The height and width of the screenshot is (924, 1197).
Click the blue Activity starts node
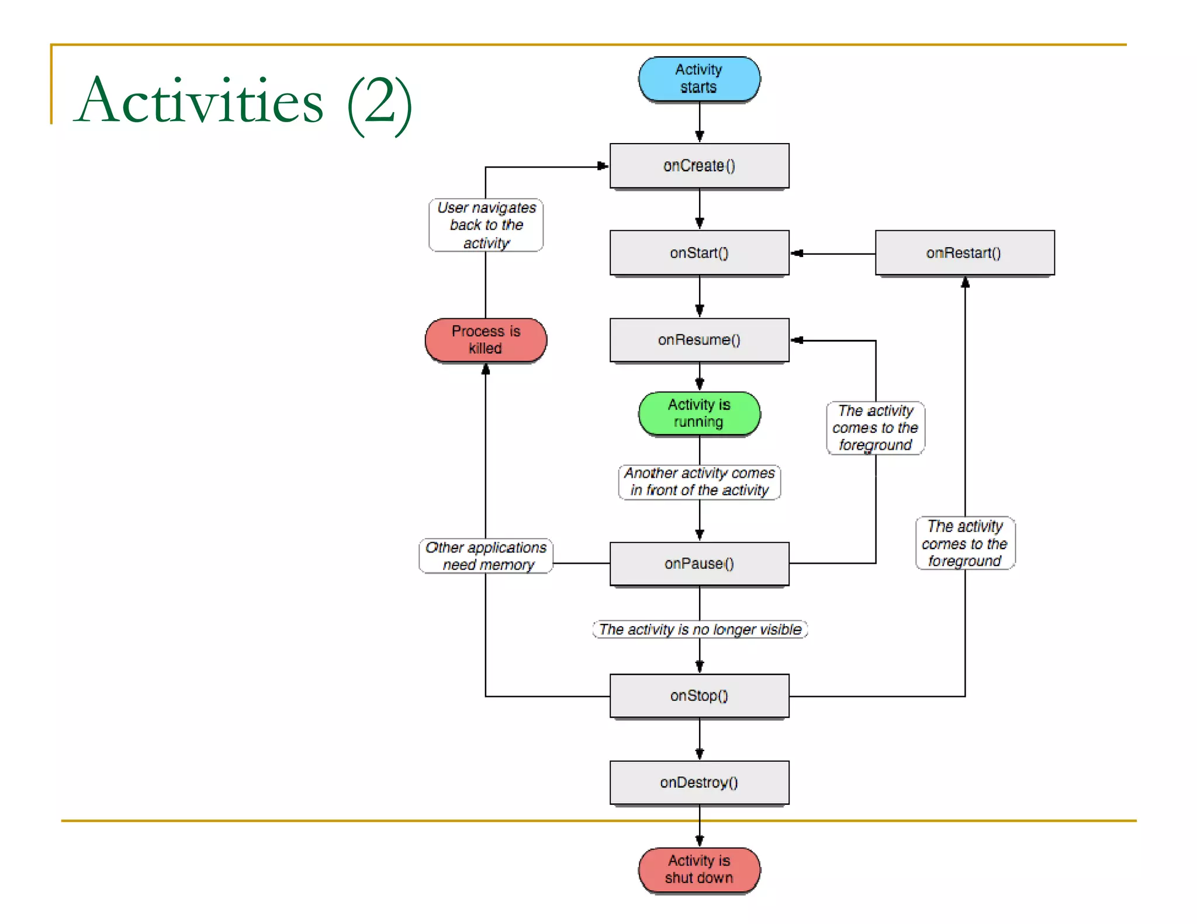699,78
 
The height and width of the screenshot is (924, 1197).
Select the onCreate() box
699,166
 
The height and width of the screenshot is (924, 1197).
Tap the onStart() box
699,253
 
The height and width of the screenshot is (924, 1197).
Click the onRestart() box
964,253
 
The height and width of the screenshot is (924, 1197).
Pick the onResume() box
699,340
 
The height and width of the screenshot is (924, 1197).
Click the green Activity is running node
699,414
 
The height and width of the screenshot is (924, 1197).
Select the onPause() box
699,564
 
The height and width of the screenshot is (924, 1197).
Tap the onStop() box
699,696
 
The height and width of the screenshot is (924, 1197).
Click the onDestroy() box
699,783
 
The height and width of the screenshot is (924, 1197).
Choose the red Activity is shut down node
699,870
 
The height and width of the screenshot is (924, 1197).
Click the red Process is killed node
486,340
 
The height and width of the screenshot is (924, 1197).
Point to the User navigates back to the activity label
486,225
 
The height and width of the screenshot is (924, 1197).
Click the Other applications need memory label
486,556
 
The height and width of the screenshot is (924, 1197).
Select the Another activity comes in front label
699,482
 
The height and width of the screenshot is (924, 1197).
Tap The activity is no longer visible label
700,630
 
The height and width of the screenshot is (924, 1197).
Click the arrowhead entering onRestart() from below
965,283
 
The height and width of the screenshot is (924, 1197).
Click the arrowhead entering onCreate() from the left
602,166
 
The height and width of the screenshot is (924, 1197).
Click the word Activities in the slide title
199,101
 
